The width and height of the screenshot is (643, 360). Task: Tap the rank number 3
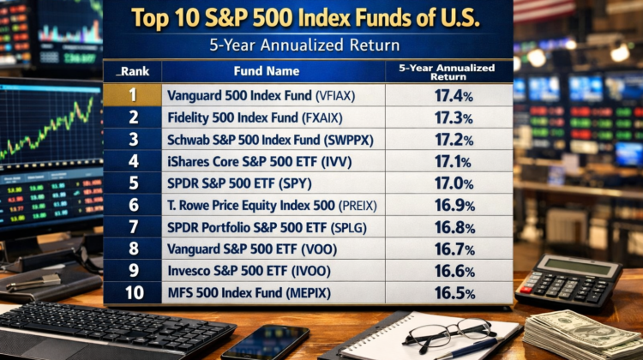point(133,140)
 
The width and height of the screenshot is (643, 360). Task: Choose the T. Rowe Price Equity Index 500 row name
point(272,206)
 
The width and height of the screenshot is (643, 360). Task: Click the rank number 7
point(133,228)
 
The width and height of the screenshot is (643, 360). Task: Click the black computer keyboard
point(103,330)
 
